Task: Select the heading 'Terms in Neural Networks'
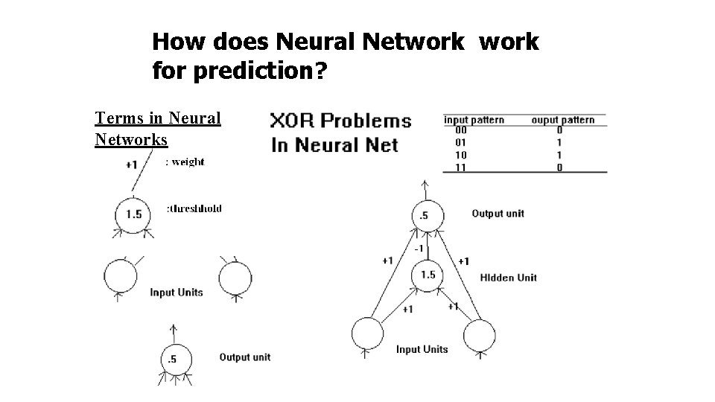pyautogui.click(x=158, y=129)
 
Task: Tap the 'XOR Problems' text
pyautogui.click(x=340, y=121)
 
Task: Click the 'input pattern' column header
pyautogui.click(x=474, y=119)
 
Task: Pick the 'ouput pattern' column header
pyautogui.click(x=562, y=119)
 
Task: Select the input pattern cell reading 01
pyautogui.click(x=461, y=142)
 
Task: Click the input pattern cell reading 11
pyautogui.click(x=461, y=167)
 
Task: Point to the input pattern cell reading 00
pyautogui.click(x=461, y=130)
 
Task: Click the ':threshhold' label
pyautogui.click(x=194, y=208)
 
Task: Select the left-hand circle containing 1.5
pyautogui.click(x=133, y=214)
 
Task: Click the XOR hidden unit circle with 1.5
pyautogui.click(x=428, y=275)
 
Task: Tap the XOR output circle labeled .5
pyautogui.click(x=425, y=216)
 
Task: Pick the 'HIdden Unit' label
pyautogui.click(x=509, y=278)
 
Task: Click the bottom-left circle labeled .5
pyautogui.click(x=172, y=359)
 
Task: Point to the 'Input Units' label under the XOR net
pyautogui.click(x=422, y=349)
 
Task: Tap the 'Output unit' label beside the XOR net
pyautogui.click(x=498, y=214)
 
